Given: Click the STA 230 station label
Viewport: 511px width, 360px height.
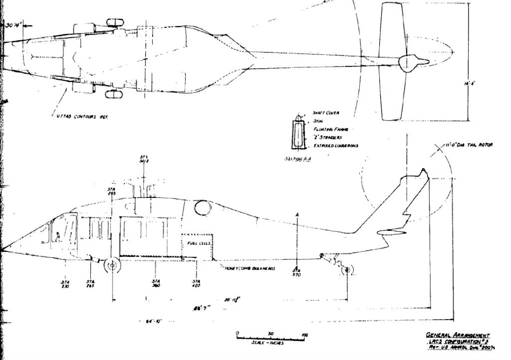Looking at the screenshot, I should pyautogui.click(x=65, y=284).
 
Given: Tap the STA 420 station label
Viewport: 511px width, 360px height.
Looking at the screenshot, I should pyautogui.click(x=196, y=284).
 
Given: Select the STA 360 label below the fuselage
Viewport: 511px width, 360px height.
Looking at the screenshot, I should pyautogui.click(x=155, y=284).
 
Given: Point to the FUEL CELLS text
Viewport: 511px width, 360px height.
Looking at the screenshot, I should pyautogui.click(x=198, y=243).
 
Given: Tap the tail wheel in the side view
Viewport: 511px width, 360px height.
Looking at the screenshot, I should pyautogui.click(x=348, y=269).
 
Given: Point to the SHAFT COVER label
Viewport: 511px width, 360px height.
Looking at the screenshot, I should pyautogui.click(x=326, y=113).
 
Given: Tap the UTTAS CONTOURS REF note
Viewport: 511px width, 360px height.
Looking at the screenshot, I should pyautogui.click(x=82, y=117).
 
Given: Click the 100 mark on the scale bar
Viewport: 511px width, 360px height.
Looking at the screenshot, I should pyautogui.click(x=304, y=334).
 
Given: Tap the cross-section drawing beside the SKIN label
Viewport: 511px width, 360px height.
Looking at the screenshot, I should pyautogui.click(x=298, y=132).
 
